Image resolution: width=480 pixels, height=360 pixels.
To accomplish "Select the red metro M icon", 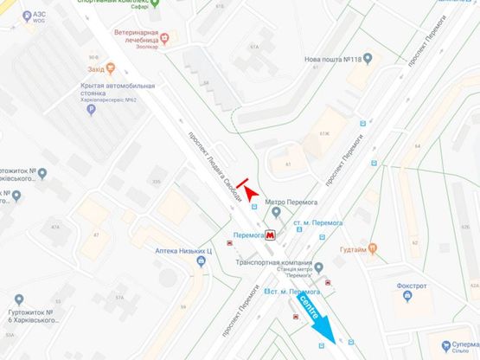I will [x=272, y=235].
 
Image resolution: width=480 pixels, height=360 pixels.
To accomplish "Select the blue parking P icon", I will [x=79, y=112].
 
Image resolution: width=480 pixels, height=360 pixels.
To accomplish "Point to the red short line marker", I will [x=242, y=183].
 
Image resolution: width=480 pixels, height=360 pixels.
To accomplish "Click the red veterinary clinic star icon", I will [x=165, y=38].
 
